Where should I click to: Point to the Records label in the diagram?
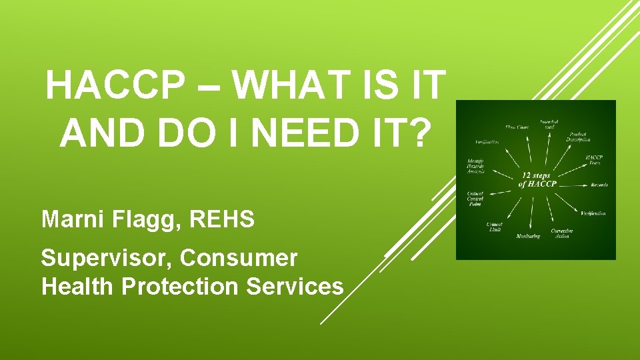pos(599,185)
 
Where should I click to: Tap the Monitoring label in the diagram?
pos(528,237)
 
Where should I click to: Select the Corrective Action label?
pos(561,233)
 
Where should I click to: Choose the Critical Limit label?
pos(494,227)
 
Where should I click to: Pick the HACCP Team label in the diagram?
pos(594,160)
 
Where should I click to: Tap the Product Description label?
pos(578,136)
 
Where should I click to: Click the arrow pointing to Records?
pos(575,185)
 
